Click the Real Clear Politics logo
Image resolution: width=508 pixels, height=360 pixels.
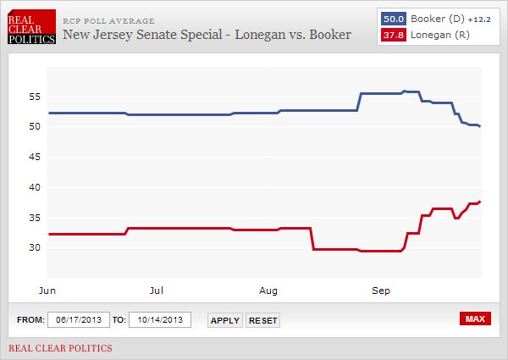[x=31, y=28]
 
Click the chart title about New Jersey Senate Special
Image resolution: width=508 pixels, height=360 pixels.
[x=207, y=35]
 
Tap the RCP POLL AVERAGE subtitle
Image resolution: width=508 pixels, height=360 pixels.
[x=108, y=20]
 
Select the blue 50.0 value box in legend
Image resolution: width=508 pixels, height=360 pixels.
[x=393, y=17]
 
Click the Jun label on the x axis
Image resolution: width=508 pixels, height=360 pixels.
[x=48, y=290]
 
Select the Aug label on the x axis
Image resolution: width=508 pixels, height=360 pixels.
[x=269, y=290]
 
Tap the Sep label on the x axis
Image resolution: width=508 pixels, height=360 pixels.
[x=381, y=290]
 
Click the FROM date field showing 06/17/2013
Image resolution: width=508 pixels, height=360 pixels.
[x=78, y=319]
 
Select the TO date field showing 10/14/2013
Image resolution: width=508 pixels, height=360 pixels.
[x=160, y=319]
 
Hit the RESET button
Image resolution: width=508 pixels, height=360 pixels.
[x=263, y=320]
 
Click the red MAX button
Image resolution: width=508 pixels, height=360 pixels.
[x=475, y=318]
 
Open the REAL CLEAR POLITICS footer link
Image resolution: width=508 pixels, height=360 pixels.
[x=60, y=348]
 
